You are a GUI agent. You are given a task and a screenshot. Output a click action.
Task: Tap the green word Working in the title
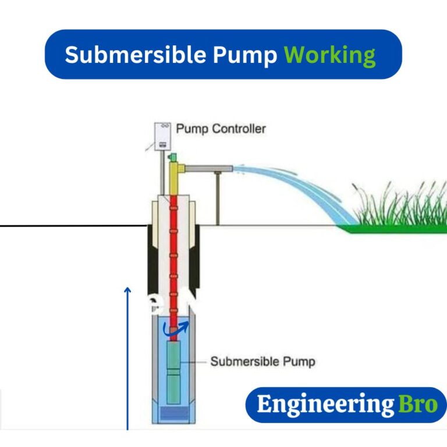pos(329,55)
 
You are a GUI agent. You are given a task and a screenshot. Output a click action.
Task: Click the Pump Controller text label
pos(221,128)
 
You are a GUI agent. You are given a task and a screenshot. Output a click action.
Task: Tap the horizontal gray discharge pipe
pos(210,169)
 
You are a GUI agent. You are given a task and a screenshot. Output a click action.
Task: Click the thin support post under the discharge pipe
pos(218,198)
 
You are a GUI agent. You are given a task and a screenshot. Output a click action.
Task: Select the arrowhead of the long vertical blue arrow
pos(127,289)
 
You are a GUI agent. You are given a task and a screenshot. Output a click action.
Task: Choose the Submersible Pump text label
pos(262,361)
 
